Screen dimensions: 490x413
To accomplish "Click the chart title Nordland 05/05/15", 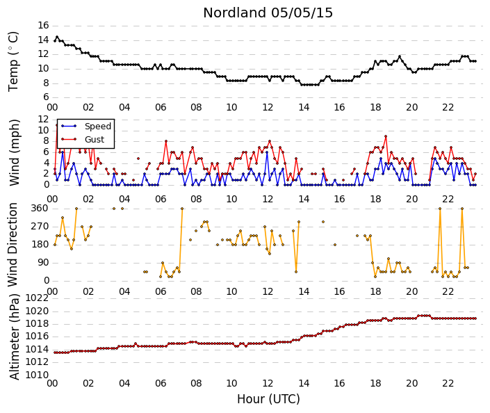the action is coord(268,13).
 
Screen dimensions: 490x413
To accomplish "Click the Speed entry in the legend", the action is coord(98,127).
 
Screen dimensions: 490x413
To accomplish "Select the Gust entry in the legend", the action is coord(95,140).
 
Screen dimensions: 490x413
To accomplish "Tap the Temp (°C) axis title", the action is coord(13,62).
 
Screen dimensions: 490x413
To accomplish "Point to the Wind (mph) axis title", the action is coord(14,152).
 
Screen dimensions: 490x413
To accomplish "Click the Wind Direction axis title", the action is coord(13,245).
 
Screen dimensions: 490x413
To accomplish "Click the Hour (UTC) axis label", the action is coord(268,399).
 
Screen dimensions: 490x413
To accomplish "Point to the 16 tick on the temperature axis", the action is coord(43,25).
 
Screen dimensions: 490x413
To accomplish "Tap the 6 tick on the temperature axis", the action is coord(47,97).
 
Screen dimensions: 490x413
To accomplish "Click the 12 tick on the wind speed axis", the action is coord(43,120).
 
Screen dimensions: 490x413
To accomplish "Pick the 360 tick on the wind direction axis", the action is coord(40,209).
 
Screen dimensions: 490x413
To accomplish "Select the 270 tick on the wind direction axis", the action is coord(40,227).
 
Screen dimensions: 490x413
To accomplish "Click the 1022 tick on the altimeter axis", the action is coord(37,298).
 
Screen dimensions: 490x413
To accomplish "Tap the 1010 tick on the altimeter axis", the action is coord(37,375).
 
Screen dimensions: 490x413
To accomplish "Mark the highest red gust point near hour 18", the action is coord(386,136).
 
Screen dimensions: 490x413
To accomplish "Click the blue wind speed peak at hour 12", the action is coord(267,152).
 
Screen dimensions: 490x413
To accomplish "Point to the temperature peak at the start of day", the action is coord(57,37).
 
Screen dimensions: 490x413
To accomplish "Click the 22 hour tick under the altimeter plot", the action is coord(448,383).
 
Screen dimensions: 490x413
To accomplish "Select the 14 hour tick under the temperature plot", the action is coord(304,108).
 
